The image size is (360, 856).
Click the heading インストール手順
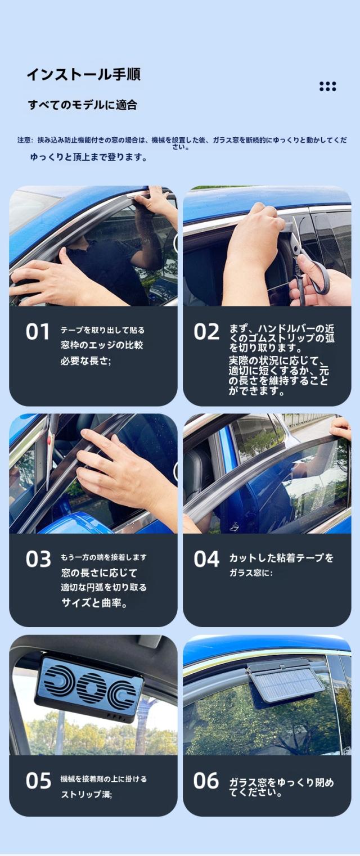84,74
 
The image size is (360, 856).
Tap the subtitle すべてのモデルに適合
83,105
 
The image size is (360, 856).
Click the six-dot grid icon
327,87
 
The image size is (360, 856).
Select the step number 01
38,332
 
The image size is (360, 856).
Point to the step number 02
206,332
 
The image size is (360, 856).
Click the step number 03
38,559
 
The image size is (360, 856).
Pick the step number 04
206,559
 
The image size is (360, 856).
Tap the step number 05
38,781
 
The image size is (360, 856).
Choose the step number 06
206,780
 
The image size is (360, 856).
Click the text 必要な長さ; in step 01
85,361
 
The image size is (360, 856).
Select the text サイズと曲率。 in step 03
94,603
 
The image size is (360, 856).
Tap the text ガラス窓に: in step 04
251,573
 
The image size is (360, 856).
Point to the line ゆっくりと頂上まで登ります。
89,157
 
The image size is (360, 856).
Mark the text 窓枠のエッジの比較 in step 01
102,345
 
